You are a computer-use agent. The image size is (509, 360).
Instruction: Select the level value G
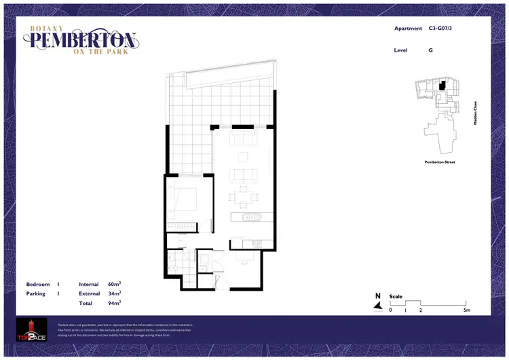[430, 50]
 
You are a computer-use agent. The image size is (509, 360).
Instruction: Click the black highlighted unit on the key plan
[442, 86]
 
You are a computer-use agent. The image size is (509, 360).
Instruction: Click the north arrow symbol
[377, 304]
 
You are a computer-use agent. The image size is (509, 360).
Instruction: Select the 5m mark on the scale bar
[467, 310]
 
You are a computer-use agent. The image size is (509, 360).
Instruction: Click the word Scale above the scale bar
[396, 296]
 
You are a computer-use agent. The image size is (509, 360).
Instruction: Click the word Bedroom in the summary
[38, 284]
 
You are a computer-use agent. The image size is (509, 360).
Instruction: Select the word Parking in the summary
[36, 293]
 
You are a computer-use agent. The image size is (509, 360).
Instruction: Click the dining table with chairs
[243, 198]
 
